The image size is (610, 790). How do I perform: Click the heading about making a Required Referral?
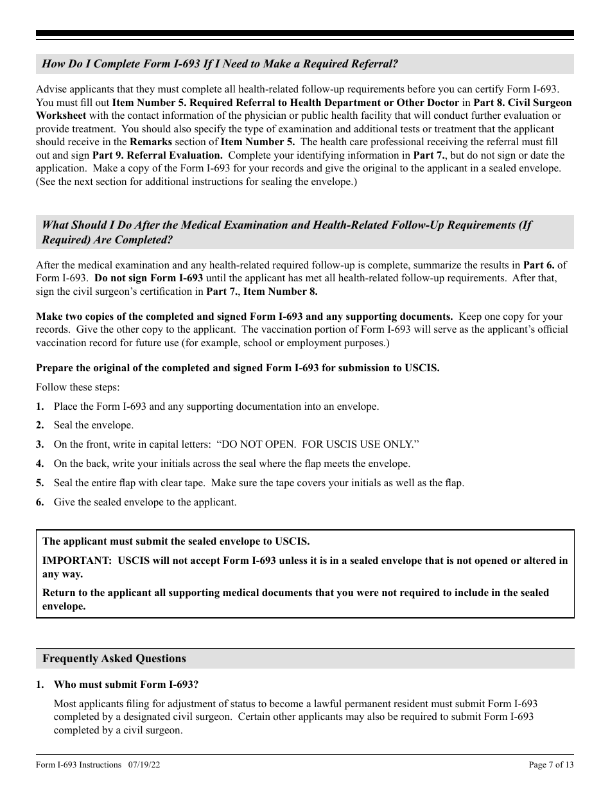point(220,64)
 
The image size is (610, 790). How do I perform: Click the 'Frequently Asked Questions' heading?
point(114,658)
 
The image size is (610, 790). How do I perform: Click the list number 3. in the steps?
point(40,444)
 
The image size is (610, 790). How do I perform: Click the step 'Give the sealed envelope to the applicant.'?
point(145,502)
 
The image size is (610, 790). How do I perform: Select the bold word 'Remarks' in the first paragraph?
point(151,143)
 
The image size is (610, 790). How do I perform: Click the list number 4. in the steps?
point(40,464)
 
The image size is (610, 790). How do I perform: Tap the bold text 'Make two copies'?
point(72,317)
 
